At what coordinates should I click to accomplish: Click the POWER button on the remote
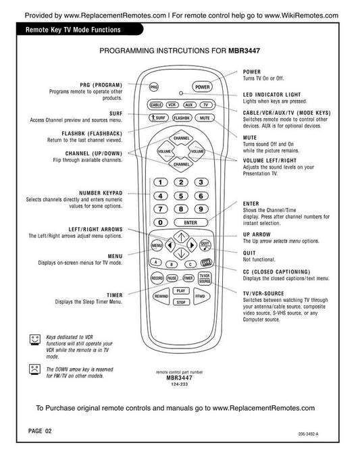pos(202,87)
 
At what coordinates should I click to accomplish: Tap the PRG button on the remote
pos(153,87)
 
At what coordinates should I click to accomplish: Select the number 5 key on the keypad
pos(181,196)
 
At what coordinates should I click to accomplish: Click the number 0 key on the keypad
pos(161,222)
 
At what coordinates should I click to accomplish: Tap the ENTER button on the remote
pos(190,222)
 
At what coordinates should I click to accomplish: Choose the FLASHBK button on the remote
pos(181,118)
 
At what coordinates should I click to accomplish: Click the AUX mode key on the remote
pos(189,105)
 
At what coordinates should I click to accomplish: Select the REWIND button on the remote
pos(161,296)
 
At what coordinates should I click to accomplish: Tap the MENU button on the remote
pos(157,245)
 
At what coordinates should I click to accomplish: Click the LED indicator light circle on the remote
pos(181,93)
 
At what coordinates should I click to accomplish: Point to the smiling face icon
pos(34,340)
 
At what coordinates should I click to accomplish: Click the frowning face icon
pos(34,369)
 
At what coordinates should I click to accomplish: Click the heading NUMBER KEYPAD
pos(101,193)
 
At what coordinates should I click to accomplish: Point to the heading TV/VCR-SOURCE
pos(263,293)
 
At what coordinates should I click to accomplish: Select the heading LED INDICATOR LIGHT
pos(272,95)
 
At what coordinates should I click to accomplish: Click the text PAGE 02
pos(40,431)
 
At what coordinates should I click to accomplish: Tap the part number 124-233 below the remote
pos(179,384)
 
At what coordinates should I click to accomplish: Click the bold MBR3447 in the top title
pos(244,51)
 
